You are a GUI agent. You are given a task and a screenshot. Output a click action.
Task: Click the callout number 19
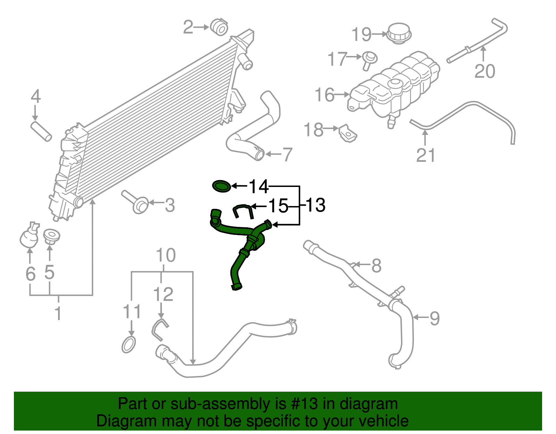tap(361, 34)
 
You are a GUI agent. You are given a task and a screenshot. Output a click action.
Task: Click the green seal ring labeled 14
tap(221, 186)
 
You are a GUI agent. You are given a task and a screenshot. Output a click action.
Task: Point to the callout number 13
tap(315, 205)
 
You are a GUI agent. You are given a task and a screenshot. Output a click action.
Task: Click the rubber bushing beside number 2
tap(219, 27)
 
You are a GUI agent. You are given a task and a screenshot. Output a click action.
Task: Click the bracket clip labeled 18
tap(347, 133)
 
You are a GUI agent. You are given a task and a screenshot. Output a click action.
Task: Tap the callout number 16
tap(325, 95)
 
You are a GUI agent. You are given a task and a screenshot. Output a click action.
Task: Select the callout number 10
tap(166, 255)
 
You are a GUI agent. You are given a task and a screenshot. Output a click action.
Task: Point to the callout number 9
tap(434, 318)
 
